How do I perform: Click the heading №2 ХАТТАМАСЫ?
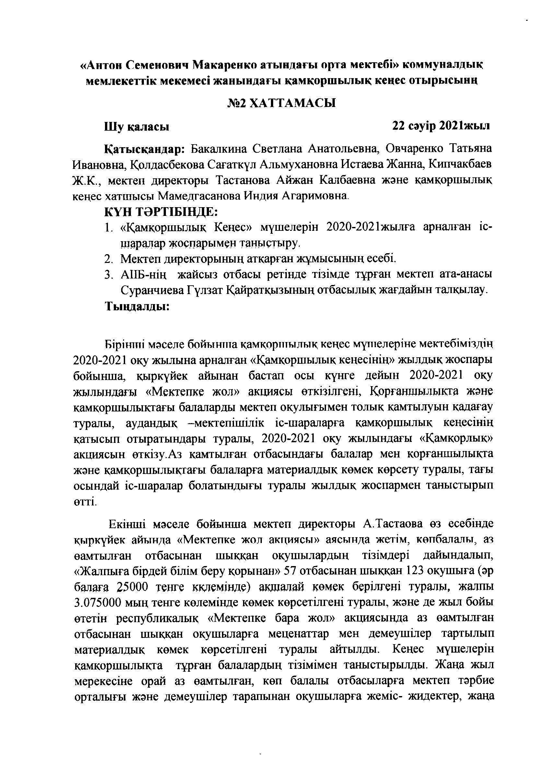click(x=282, y=103)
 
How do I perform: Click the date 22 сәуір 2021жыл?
click(x=441, y=126)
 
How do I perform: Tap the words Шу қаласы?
click(x=137, y=127)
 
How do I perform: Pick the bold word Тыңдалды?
click(x=137, y=307)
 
